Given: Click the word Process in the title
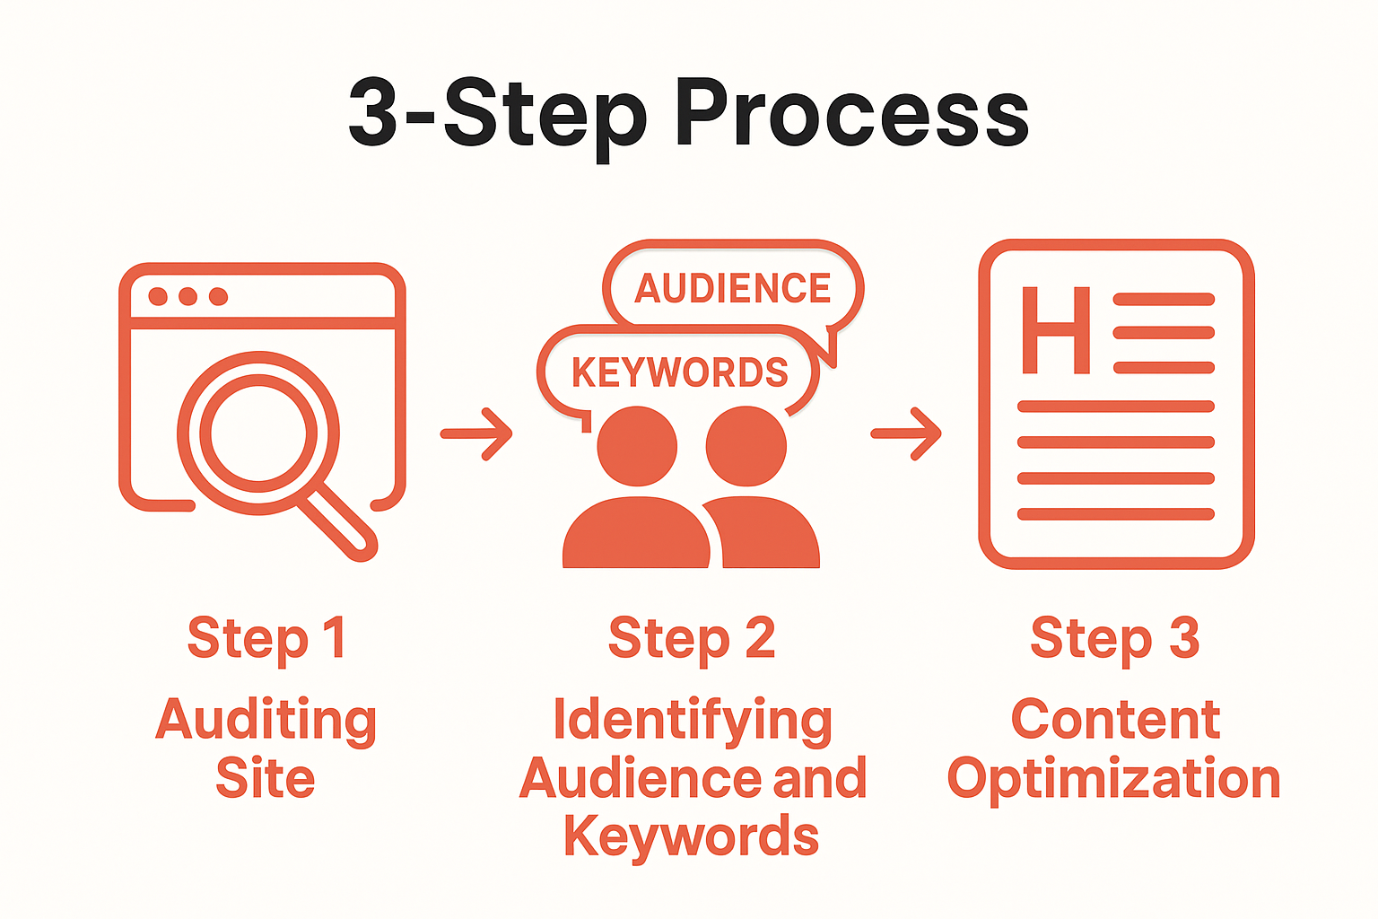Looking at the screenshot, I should point(851,113).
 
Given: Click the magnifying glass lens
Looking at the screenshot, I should point(258,433).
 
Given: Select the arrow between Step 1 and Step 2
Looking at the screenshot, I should point(476,434).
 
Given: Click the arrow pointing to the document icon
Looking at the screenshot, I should point(907,434).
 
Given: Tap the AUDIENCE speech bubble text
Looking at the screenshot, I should point(733,289).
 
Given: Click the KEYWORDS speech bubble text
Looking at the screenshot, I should point(679,372).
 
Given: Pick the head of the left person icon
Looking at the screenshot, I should point(637,446).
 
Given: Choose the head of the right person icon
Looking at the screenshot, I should point(746,446).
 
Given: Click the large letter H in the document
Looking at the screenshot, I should point(1056,330).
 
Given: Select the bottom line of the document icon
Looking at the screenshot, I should point(1115,514).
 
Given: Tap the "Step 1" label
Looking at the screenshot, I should point(266,639).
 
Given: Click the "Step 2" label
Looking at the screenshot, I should point(692,639).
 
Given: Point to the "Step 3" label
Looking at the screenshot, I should point(1114,639).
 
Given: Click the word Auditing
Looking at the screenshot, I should point(266,721).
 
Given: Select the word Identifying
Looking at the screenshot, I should point(692,721).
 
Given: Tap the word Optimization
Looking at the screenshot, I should point(1114,778).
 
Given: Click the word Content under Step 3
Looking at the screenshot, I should point(1115,720).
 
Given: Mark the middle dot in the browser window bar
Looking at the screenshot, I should point(188,296).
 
